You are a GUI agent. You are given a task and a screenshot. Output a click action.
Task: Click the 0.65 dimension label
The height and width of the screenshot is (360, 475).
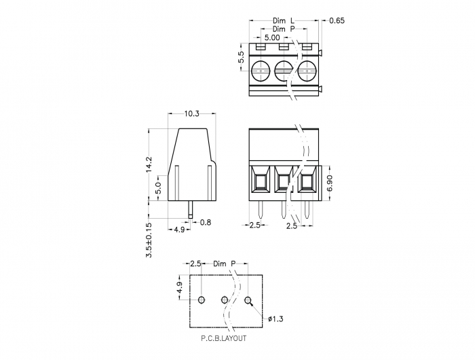[337, 20]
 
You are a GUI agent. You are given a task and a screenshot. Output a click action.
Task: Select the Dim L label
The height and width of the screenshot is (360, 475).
[284, 20]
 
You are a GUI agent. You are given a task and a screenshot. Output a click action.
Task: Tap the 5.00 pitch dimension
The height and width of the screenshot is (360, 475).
[272, 38]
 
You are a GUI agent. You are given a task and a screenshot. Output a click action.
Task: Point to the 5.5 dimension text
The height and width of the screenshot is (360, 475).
[241, 57]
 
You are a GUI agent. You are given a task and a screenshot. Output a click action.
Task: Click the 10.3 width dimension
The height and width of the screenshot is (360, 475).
[192, 113]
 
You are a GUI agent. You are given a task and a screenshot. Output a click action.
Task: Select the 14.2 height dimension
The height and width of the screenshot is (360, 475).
[149, 164]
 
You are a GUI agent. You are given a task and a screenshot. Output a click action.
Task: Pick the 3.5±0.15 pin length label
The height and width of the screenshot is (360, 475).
[149, 240]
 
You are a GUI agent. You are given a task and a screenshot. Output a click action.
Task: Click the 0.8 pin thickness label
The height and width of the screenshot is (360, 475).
[206, 222]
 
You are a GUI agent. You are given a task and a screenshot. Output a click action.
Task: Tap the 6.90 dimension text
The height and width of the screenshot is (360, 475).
[330, 183]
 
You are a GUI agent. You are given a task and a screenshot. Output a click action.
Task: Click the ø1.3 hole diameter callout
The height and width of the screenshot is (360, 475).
[275, 319]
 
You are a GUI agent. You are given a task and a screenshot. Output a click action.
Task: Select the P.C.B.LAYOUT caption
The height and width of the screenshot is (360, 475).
[224, 338]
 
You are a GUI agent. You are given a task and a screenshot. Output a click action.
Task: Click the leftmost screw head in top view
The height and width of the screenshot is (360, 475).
[260, 71]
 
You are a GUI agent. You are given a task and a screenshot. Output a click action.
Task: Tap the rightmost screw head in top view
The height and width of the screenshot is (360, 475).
[307, 71]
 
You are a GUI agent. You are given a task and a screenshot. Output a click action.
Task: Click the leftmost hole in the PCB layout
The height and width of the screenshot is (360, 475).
[202, 300]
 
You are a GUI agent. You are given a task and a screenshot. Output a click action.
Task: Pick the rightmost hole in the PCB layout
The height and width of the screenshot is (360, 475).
[248, 300]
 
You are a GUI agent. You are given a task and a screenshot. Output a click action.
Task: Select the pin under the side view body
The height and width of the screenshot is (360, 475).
[190, 210]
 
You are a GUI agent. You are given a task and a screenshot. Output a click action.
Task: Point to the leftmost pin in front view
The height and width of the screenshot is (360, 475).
[260, 210]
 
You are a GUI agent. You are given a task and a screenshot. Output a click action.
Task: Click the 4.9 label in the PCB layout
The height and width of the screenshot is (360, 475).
[179, 287]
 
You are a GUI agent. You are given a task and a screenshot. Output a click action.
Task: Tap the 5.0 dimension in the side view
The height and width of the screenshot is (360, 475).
[159, 187]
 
